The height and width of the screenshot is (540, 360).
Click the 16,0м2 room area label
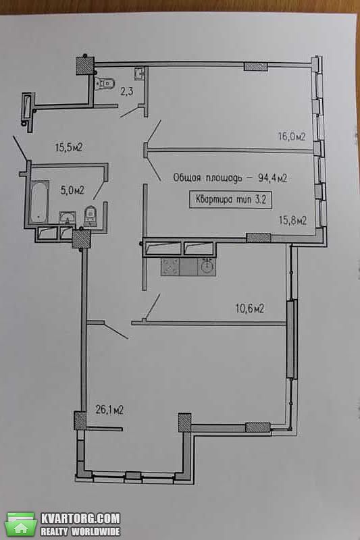point(292,137)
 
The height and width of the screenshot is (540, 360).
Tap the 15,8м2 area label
point(292,220)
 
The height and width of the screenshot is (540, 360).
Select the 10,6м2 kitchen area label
point(250,308)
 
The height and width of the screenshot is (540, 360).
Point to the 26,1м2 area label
point(109,410)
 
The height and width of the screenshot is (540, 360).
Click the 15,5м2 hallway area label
point(69,148)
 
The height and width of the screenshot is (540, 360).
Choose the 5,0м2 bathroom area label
point(72,190)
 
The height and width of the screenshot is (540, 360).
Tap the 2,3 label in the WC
point(127,92)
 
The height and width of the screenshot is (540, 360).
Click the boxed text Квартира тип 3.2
point(230,199)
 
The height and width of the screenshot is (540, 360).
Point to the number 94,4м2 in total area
point(272,178)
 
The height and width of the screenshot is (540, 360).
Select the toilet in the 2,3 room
point(105,83)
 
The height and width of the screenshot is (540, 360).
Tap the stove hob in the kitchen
point(170,267)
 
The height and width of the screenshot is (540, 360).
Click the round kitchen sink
point(207,267)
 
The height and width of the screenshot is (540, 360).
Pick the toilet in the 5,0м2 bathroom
point(91,216)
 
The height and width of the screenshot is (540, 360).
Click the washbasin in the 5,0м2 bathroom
point(68,218)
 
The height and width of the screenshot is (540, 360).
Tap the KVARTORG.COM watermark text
point(80,518)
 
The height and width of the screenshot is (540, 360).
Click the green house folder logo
point(22,524)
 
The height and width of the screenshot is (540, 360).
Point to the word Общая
point(186,178)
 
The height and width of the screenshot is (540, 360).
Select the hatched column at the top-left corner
point(84,65)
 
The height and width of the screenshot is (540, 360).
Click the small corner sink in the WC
point(140,73)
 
